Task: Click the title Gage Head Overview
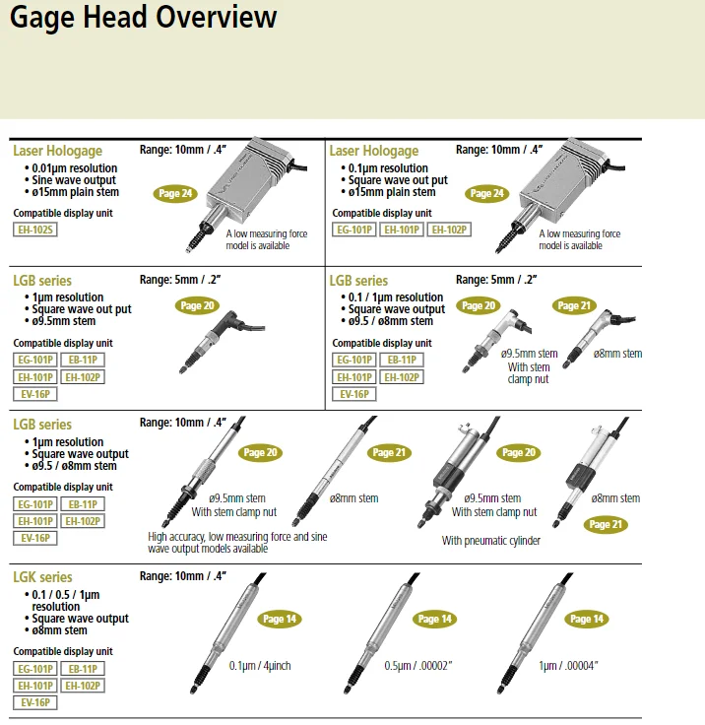coord(144,18)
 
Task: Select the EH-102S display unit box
coord(35,231)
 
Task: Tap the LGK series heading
coord(42,577)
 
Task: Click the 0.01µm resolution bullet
coord(74,168)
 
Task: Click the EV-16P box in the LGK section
coord(35,702)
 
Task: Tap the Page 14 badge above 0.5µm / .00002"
coord(433,620)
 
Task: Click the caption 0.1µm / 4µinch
coord(260,665)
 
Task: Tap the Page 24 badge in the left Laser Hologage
coord(174,194)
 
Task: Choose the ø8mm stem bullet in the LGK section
coord(63,630)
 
